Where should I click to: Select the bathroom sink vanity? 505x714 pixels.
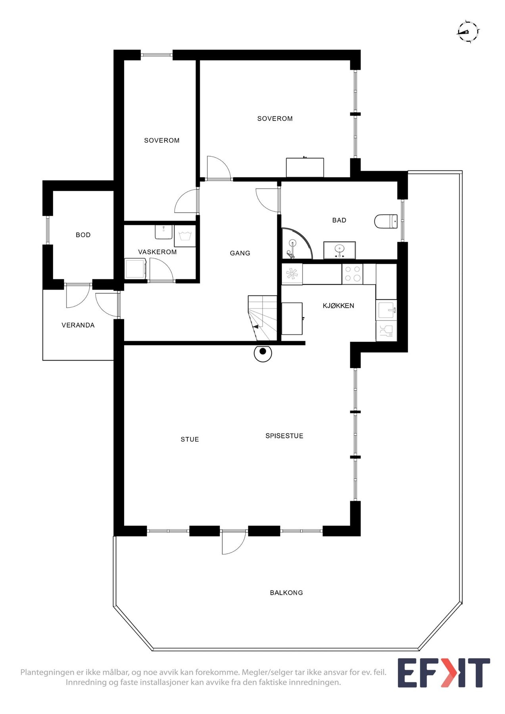click(339, 250)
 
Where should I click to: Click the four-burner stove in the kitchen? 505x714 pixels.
click(352, 274)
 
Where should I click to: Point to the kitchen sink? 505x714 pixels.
click(386, 309)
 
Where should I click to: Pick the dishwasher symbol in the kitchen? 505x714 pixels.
click(386, 331)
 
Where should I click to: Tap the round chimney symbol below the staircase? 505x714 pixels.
click(263, 352)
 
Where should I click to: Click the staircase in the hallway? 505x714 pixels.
click(262, 318)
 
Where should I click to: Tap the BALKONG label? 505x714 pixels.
click(286, 593)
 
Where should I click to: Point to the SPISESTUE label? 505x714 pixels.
click(284, 436)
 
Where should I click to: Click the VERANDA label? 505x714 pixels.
click(78, 325)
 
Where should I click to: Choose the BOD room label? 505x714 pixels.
click(83, 235)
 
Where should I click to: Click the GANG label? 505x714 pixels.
click(240, 253)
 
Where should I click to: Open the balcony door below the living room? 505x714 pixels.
click(233, 541)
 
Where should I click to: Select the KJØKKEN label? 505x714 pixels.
click(338, 306)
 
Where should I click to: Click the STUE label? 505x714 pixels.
click(190, 440)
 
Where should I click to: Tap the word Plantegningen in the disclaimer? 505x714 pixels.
click(47, 672)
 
